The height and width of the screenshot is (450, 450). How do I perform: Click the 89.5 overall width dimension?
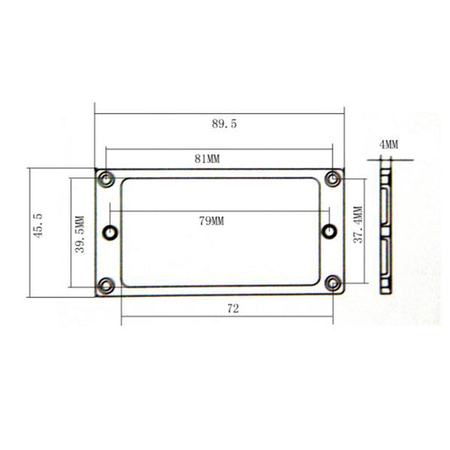225,124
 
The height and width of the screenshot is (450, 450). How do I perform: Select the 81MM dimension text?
207,159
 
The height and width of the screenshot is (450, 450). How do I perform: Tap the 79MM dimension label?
212,221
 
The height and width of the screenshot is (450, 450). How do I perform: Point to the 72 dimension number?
233,309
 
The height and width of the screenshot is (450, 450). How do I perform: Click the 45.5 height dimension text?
39,225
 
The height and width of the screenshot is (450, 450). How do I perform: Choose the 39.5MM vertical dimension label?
79,235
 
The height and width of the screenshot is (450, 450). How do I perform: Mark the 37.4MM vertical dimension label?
358,225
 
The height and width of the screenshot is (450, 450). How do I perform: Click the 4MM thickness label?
389,144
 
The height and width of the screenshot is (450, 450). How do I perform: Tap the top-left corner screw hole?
106,180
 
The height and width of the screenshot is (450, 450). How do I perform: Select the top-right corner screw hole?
333,179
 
